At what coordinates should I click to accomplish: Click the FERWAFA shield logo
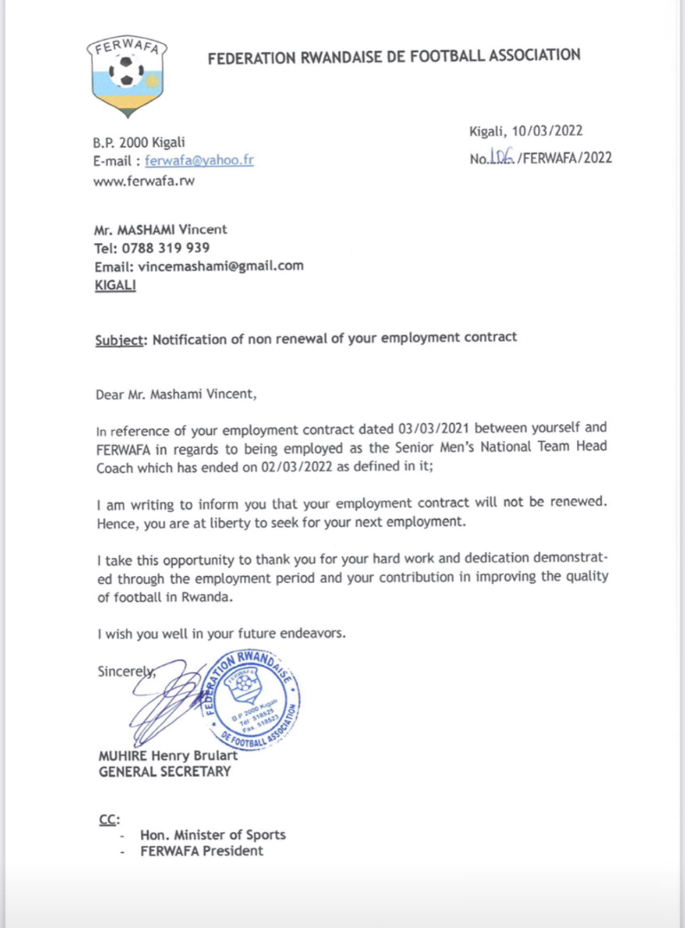(127, 76)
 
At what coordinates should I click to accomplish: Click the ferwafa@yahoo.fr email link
(199, 160)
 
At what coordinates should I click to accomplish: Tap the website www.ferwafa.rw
(144, 181)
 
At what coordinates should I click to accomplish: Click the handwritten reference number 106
(501, 156)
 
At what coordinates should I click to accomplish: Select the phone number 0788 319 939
(165, 248)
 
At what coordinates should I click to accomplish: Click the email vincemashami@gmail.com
(220, 266)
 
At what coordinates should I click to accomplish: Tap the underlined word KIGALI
(115, 285)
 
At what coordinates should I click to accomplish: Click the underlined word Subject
(120, 340)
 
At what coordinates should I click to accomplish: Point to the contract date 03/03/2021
(434, 429)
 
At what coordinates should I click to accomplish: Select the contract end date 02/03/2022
(297, 467)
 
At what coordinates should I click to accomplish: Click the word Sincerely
(125, 671)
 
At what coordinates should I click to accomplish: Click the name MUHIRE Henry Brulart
(168, 756)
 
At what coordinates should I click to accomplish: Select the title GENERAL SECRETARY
(165, 772)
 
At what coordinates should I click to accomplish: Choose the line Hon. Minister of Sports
(213, 835)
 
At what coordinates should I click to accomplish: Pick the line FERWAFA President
(202, 851)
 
